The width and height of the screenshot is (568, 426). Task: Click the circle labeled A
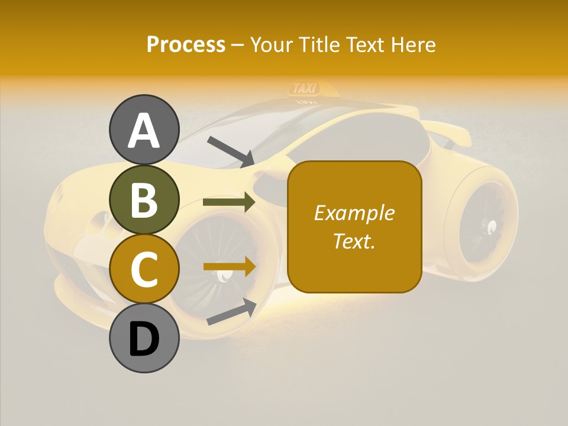[x=144, y=130]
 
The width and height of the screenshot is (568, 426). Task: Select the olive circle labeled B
[x=144, y=199]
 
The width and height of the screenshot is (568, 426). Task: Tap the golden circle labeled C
[x=144, y=269]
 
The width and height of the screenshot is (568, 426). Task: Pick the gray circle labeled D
[x=144, y=338]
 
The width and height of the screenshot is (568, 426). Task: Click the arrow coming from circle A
[x=231, y=151]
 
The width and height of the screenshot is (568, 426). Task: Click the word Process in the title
[x=186, y=44]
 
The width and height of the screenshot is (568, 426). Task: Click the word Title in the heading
[x=319, y=44]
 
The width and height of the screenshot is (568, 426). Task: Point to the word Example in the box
[x=354, y=213]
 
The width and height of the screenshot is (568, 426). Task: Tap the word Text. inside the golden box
[x=354, y=241]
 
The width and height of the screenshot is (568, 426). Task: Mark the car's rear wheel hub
[x=490, y=225]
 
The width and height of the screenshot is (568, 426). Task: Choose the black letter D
[x=144, y=339]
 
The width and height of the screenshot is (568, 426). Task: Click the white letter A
[x=144, y=130]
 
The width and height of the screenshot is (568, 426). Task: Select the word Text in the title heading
[x=365, y=44]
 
